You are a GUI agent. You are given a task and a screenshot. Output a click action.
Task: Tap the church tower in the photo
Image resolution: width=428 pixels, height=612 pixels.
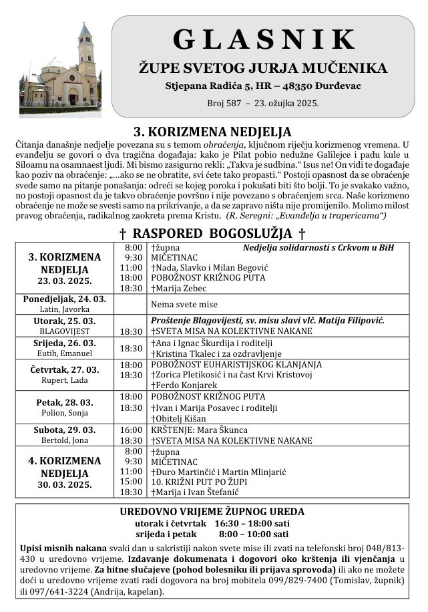pyautogui.click(x=85, y=57)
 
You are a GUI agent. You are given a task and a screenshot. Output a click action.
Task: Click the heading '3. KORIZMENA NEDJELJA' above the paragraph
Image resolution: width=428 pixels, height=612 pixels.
pyautogui.click(x=213, y=132)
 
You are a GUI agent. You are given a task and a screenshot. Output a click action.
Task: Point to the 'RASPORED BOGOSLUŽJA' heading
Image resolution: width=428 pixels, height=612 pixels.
pyautogui.click(x=213, y=233)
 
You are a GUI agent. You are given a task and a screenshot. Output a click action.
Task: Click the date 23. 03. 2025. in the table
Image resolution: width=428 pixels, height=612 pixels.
pyautogui.click(x=65, y=281)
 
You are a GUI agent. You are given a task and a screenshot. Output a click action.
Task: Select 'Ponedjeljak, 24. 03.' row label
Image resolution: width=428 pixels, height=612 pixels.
pyautogui.click(x=64, y=299)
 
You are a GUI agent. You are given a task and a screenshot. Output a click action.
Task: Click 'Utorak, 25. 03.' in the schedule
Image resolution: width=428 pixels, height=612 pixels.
pyautogui.click(x=64, y=321)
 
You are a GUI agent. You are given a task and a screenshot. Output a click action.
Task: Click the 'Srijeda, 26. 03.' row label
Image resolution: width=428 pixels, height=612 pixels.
pyautogui.click(x=64, y=343)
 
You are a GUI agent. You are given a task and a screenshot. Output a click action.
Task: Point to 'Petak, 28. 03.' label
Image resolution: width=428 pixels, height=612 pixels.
pyautogui.click(x=64, y=402)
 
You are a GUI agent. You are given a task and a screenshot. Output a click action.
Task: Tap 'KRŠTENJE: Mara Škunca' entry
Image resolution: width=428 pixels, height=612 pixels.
pyautogui.click(x=199, y=430)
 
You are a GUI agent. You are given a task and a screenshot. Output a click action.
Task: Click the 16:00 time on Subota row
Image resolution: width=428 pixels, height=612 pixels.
pyautogui.click(x=131, y=430)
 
